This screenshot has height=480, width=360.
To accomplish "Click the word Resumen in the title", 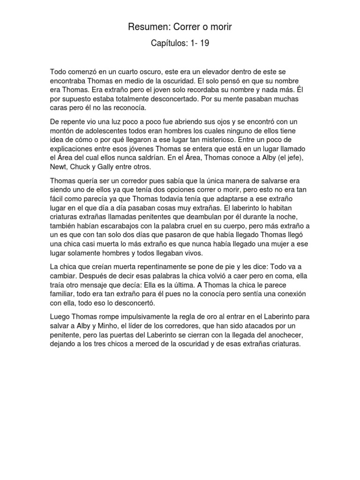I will click(x=146, y=28).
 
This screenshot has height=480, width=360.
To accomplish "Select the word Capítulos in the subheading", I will click(x=168, y=44).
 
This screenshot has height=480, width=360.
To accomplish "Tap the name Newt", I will click(x=60, y=166).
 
